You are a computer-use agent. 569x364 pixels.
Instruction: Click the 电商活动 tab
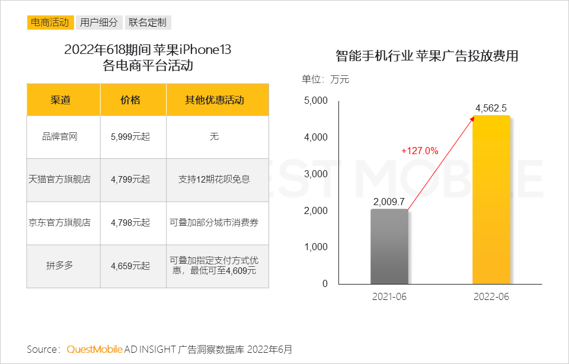(50, 23)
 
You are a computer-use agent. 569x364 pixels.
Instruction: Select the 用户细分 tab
(99, 23)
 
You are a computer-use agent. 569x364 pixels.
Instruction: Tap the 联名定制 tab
(148, 23)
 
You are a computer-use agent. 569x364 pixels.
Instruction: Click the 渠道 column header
(60, 100)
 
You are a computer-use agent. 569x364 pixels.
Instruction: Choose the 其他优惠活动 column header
(215, 100)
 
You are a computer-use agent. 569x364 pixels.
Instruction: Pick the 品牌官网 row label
(60, 137)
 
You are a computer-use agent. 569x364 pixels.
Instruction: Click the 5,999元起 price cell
(130, 137)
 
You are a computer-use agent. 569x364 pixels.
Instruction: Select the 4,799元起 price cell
(130, 179)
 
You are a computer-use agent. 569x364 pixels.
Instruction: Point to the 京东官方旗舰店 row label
(60, 223)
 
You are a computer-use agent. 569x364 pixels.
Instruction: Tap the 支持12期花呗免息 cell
(215, 179)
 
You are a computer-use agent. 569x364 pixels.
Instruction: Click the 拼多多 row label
(60, 266)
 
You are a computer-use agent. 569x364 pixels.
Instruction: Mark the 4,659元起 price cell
(130, 266)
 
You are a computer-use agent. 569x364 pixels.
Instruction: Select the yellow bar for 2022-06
(491, 202)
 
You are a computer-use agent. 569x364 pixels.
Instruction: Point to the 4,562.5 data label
(491, 108)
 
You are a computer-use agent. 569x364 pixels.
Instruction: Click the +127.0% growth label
(420, 151)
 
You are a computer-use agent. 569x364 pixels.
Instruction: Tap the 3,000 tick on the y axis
(316, 174)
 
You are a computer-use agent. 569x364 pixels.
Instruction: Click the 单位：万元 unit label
(325, 79)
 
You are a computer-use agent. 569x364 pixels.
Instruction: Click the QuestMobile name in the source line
(95, 349)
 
